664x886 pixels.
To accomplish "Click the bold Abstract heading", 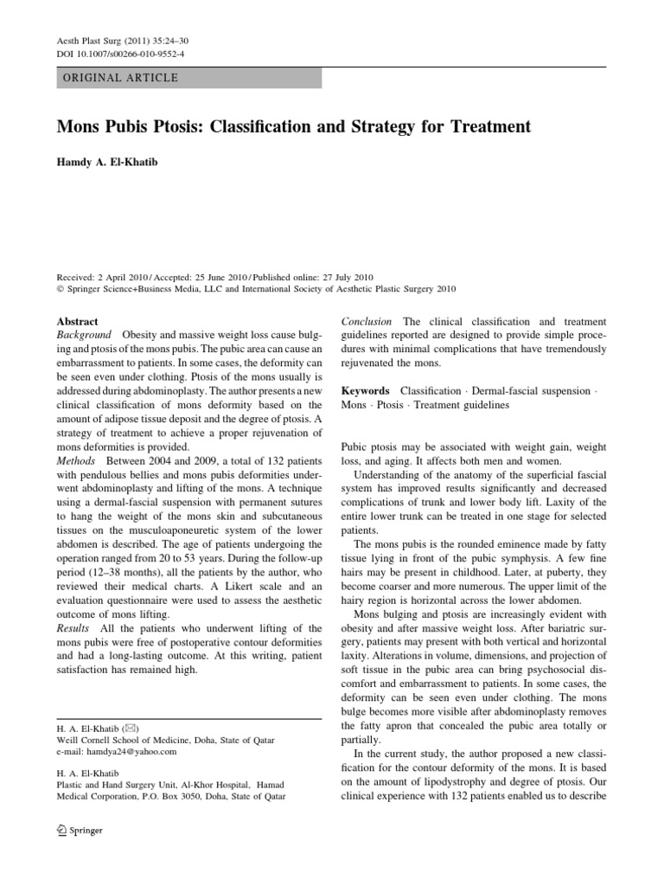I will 77,320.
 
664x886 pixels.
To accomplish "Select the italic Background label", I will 84,334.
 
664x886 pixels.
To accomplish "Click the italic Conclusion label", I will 367,321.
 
